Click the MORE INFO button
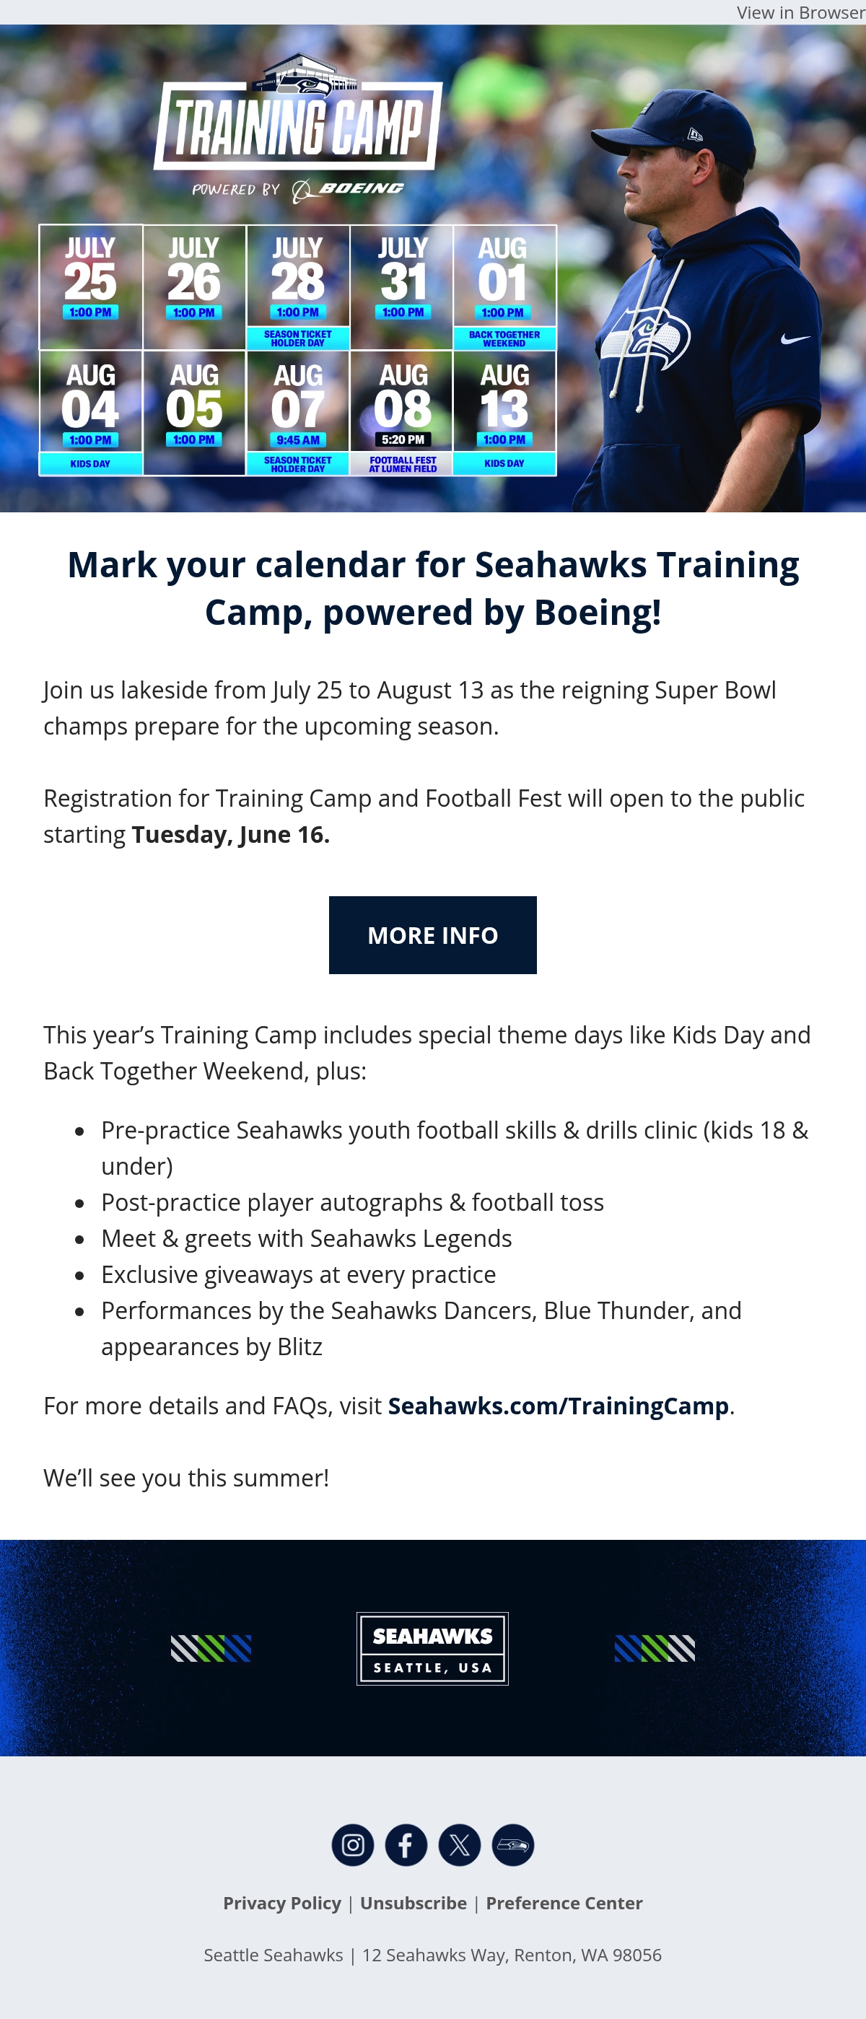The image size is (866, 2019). (432, 935)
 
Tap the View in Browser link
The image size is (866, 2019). (800, 12)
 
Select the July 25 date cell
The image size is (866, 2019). (91, 287)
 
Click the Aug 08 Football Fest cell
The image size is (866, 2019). (402, 413)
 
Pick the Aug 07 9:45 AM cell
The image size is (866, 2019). (298, 413)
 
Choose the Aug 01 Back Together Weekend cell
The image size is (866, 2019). (504, 287)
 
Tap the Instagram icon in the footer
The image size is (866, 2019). (353, 1845)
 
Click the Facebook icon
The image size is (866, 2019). (406, 1845)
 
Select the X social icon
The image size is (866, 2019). (459, 1845)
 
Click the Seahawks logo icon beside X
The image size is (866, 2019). (512, 1845)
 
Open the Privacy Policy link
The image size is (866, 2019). (282, 1903)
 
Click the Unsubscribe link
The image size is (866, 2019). (414, 1903)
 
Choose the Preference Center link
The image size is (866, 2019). (564, 1903)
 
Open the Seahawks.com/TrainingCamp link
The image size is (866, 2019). (558, 1406)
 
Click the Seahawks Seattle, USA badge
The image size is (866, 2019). (432, 1648)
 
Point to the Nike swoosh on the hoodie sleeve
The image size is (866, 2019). (795, 338)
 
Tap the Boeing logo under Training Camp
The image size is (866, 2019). (348, 189)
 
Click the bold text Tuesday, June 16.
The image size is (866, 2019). (230, 835)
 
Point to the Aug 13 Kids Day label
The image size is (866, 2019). (504, 463)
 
